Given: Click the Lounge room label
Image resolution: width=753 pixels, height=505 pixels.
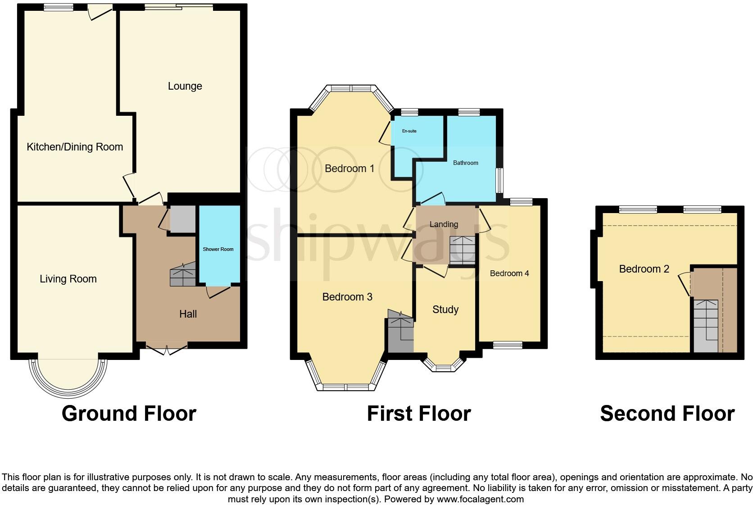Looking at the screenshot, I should (x=185, y=86).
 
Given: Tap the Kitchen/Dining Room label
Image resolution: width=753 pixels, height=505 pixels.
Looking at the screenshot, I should (x=75, y=147).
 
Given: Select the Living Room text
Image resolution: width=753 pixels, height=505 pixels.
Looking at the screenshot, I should (x=68, y=279).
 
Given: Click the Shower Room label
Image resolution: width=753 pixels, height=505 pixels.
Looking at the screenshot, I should (x=218, y=249).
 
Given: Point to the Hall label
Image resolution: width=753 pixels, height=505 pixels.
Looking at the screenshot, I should (x=188, y=314).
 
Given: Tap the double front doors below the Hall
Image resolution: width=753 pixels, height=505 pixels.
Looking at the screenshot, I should (x=166, y=350).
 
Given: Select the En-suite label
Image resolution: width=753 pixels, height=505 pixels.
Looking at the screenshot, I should (x=409, y=131).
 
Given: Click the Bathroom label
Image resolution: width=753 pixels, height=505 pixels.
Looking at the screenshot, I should (x=465, y=163).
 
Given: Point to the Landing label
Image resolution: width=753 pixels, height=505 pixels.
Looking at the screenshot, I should (x=444, y=224).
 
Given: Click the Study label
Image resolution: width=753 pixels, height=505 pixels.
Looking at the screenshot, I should (x=445, y=309).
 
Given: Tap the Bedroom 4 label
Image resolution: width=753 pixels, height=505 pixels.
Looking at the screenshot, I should (x=509, y=273).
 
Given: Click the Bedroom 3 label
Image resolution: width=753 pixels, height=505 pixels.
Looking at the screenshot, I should (x=347, y=297).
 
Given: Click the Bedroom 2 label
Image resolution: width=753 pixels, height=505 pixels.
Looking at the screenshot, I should (x=644, y=269).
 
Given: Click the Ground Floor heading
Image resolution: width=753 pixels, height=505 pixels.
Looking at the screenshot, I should (x=129, y=413).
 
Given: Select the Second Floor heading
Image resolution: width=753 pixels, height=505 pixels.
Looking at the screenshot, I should (x=667, y=413).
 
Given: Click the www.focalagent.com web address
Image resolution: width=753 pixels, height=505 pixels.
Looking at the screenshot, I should (x=480, y=499).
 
